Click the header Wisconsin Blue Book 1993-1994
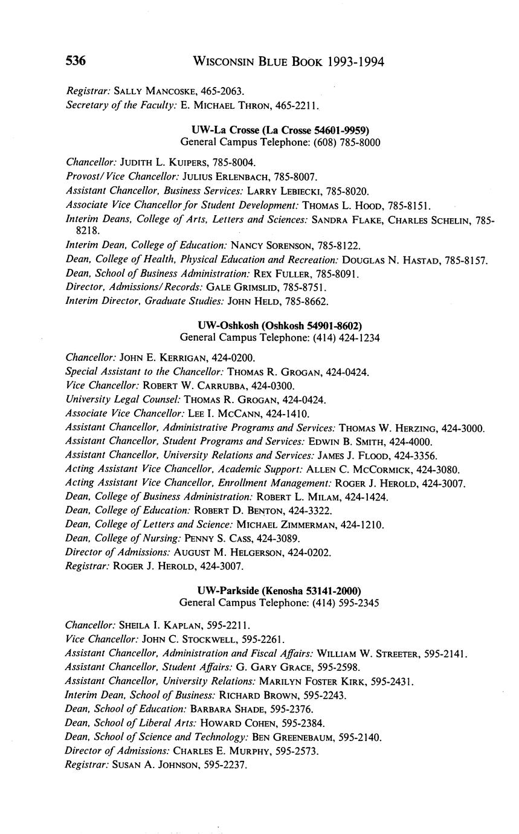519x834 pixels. [288, 62]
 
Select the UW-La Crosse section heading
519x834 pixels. [280, 130]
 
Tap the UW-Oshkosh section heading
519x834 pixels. [280, 325]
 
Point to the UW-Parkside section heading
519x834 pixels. [280, 590]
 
